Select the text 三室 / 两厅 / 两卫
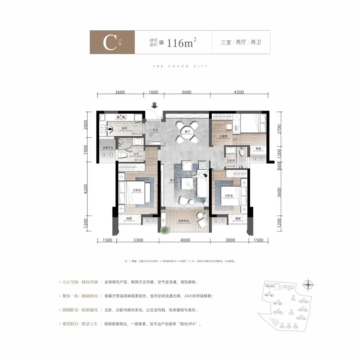241,43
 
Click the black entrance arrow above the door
154,105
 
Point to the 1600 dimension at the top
154,92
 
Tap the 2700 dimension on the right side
279,129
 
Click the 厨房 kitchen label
124,129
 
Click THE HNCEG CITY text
180,66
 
